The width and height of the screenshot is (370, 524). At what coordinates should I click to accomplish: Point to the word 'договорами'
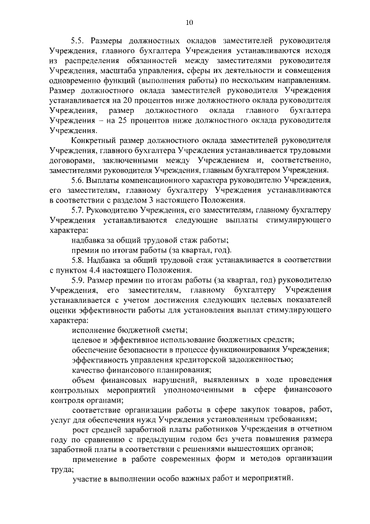click(69, 162)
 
